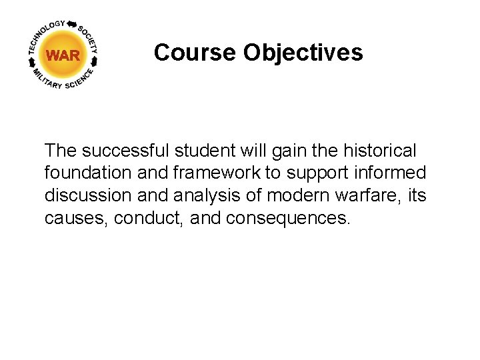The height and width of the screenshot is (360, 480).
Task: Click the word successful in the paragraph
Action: point(127,151)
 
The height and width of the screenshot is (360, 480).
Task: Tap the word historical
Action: point(377,151)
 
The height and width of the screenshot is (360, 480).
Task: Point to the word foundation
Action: point(87,173)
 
